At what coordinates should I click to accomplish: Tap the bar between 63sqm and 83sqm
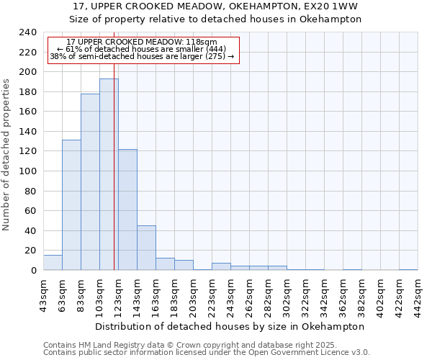tap(71, 205)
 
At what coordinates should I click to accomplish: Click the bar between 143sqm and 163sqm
tap(146, 248)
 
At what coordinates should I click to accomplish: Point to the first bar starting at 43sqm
tap(53, 263)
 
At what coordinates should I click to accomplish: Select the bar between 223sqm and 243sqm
tap(221, 266)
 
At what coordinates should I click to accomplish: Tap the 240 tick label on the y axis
tap(28, 32)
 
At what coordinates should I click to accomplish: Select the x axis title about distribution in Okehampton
tap(230, 326)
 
